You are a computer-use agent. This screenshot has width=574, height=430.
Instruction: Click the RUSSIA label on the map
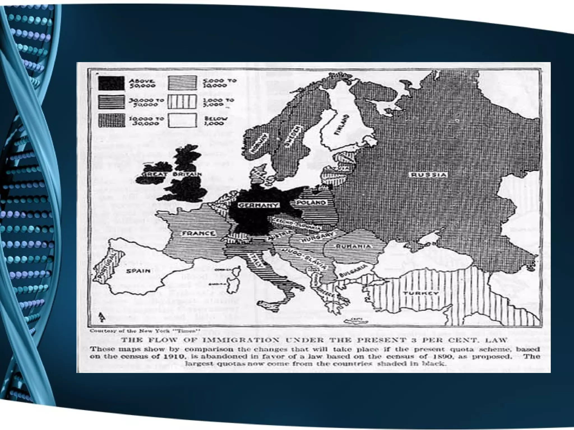click(x=428, y=175)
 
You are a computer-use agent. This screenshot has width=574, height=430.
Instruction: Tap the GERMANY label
click(x=258, y=205)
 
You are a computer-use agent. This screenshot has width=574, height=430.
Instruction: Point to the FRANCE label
click(x=199, y=233)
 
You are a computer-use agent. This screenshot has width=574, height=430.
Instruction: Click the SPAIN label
click(x=138, y=271)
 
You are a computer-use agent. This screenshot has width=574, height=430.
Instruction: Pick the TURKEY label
click(x=420, y=293)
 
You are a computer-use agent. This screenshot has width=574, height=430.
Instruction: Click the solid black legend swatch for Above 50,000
click(x=111, y=83)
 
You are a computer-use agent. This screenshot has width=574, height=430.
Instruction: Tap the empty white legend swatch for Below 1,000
click(x=182, y=120)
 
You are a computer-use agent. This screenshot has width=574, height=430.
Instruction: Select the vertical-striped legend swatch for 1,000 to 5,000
click(x=182, y=102)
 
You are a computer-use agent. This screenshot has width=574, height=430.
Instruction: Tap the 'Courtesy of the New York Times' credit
click(x=145, y=331)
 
